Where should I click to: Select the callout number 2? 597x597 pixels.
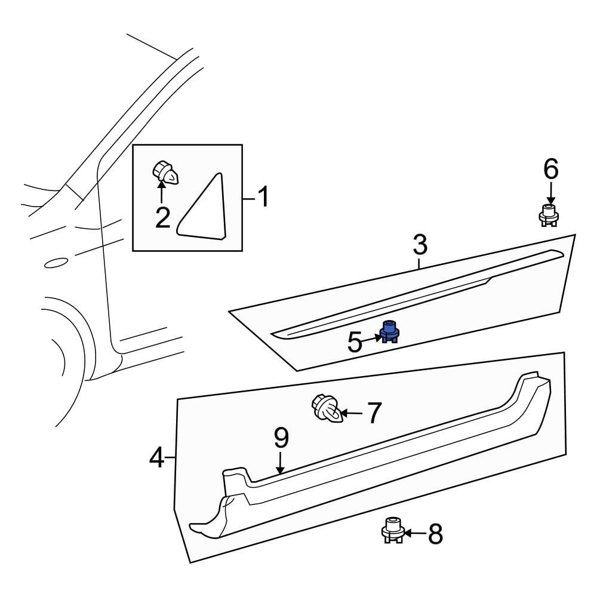click(x=162, y=218)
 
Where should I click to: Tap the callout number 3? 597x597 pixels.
click(x=420, y=245)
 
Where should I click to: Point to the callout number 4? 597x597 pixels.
click(x=156, y=458)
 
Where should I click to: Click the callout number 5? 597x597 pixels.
click(x=355, y=343)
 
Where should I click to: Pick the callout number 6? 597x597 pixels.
click(x=550, y=170)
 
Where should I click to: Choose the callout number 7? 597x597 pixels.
click(x=374, y=413)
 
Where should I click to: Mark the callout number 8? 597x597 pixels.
click(x=436, y=534)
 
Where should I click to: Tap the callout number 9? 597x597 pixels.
click(x=281, y=439)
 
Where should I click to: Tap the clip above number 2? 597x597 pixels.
click(x=165, y=173)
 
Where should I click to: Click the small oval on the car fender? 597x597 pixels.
click(x=56, y=262)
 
